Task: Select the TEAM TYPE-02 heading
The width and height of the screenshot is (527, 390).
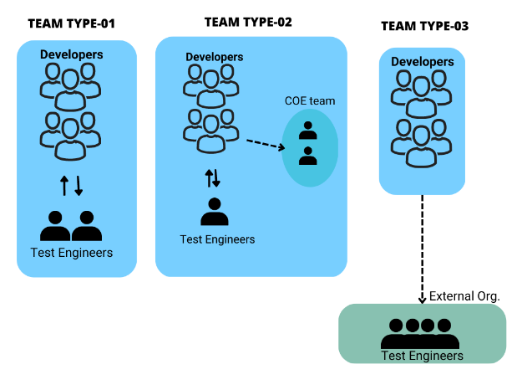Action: pyautogui.click(x=248, y=21)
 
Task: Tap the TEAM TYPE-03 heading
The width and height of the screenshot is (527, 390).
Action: pyautogui.click(x=424, y=26)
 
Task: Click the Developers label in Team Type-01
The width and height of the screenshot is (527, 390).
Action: pyautogui.click(x=72, y=54)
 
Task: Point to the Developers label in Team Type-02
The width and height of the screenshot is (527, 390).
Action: pyautogui.click(x=215, y=57)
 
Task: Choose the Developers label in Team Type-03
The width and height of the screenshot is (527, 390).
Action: pyautogui.click(x=422, y=61)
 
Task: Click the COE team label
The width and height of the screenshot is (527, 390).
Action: pyautogui.click(x=310, y=100)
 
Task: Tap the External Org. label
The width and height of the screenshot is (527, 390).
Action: pyautogui.click(x=464, y=296)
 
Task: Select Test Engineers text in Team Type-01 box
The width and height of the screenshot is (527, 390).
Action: pyautogui.click(x=71, y=252)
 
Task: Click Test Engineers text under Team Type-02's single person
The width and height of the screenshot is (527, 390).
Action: pyautogui.click(x=217, y=239)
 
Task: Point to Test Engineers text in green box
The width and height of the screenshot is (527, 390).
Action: pyautogui.click(x=422, y=356)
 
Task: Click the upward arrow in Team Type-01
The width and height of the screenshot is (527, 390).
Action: pyautogui.click(x=63, y=185)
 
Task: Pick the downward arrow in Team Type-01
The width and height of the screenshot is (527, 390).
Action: pyautogui.click(x=79, y=185)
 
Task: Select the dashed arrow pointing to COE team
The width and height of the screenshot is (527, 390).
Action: pyautogui.click(x=265, y=145)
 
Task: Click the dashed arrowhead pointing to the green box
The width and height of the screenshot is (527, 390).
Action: pyautogui.click(x=422, y=297)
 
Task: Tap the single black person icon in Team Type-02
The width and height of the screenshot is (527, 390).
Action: pyautogui.click(x=215, y=212)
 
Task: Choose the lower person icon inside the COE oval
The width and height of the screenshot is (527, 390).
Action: pyautogui.click(x=308, y=155)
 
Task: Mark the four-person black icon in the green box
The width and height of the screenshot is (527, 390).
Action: pyautogui.click(x=420, y=333)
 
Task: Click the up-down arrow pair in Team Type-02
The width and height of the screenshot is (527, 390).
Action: pyautogui.click(x=212, y=178)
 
